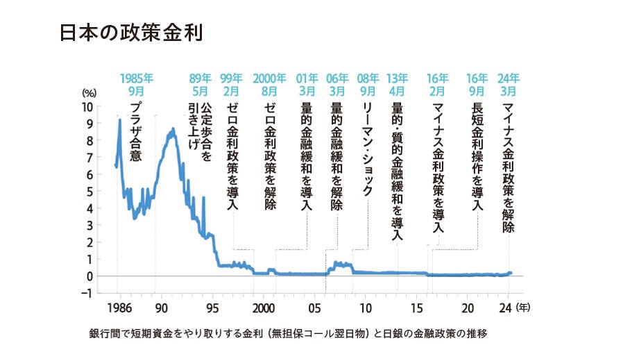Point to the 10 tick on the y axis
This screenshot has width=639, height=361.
click(x=87, y=108)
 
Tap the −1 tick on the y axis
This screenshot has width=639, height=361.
click(x=86, y=292)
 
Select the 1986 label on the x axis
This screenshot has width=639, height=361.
click(x=119, y=308)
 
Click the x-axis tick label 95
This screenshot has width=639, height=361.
click(x=214, y=308)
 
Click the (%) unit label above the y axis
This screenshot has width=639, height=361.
click(x=89, y=93)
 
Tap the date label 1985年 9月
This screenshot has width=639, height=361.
click(x=135, y=83)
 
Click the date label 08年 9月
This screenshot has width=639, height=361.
click(x=368, y=83)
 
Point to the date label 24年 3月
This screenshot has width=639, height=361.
click(x=509, y=83)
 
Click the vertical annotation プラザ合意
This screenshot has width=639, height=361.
click(x=136, y=131)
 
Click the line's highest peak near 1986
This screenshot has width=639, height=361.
click(x=119, y=120)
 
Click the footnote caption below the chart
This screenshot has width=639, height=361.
click(x=288, y=334)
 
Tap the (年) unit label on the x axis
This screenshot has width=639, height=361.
click(x=526, y=308)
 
